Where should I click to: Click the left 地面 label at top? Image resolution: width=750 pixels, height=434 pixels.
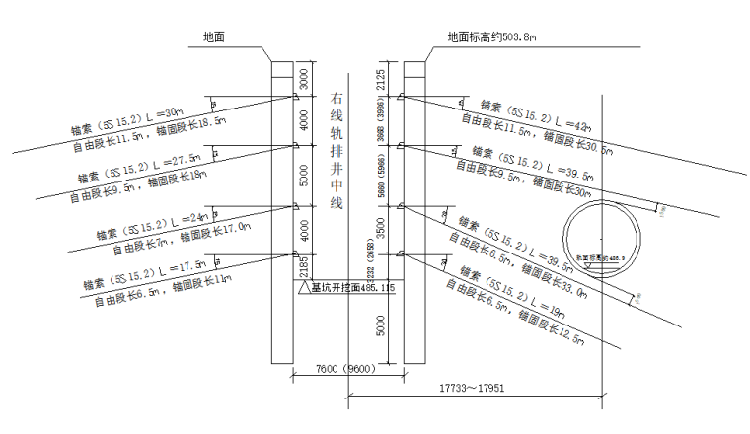(214, 36)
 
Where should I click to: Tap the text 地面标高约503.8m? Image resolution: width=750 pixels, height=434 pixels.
(491, 36)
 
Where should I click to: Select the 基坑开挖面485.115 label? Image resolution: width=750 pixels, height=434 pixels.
(352, 288)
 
